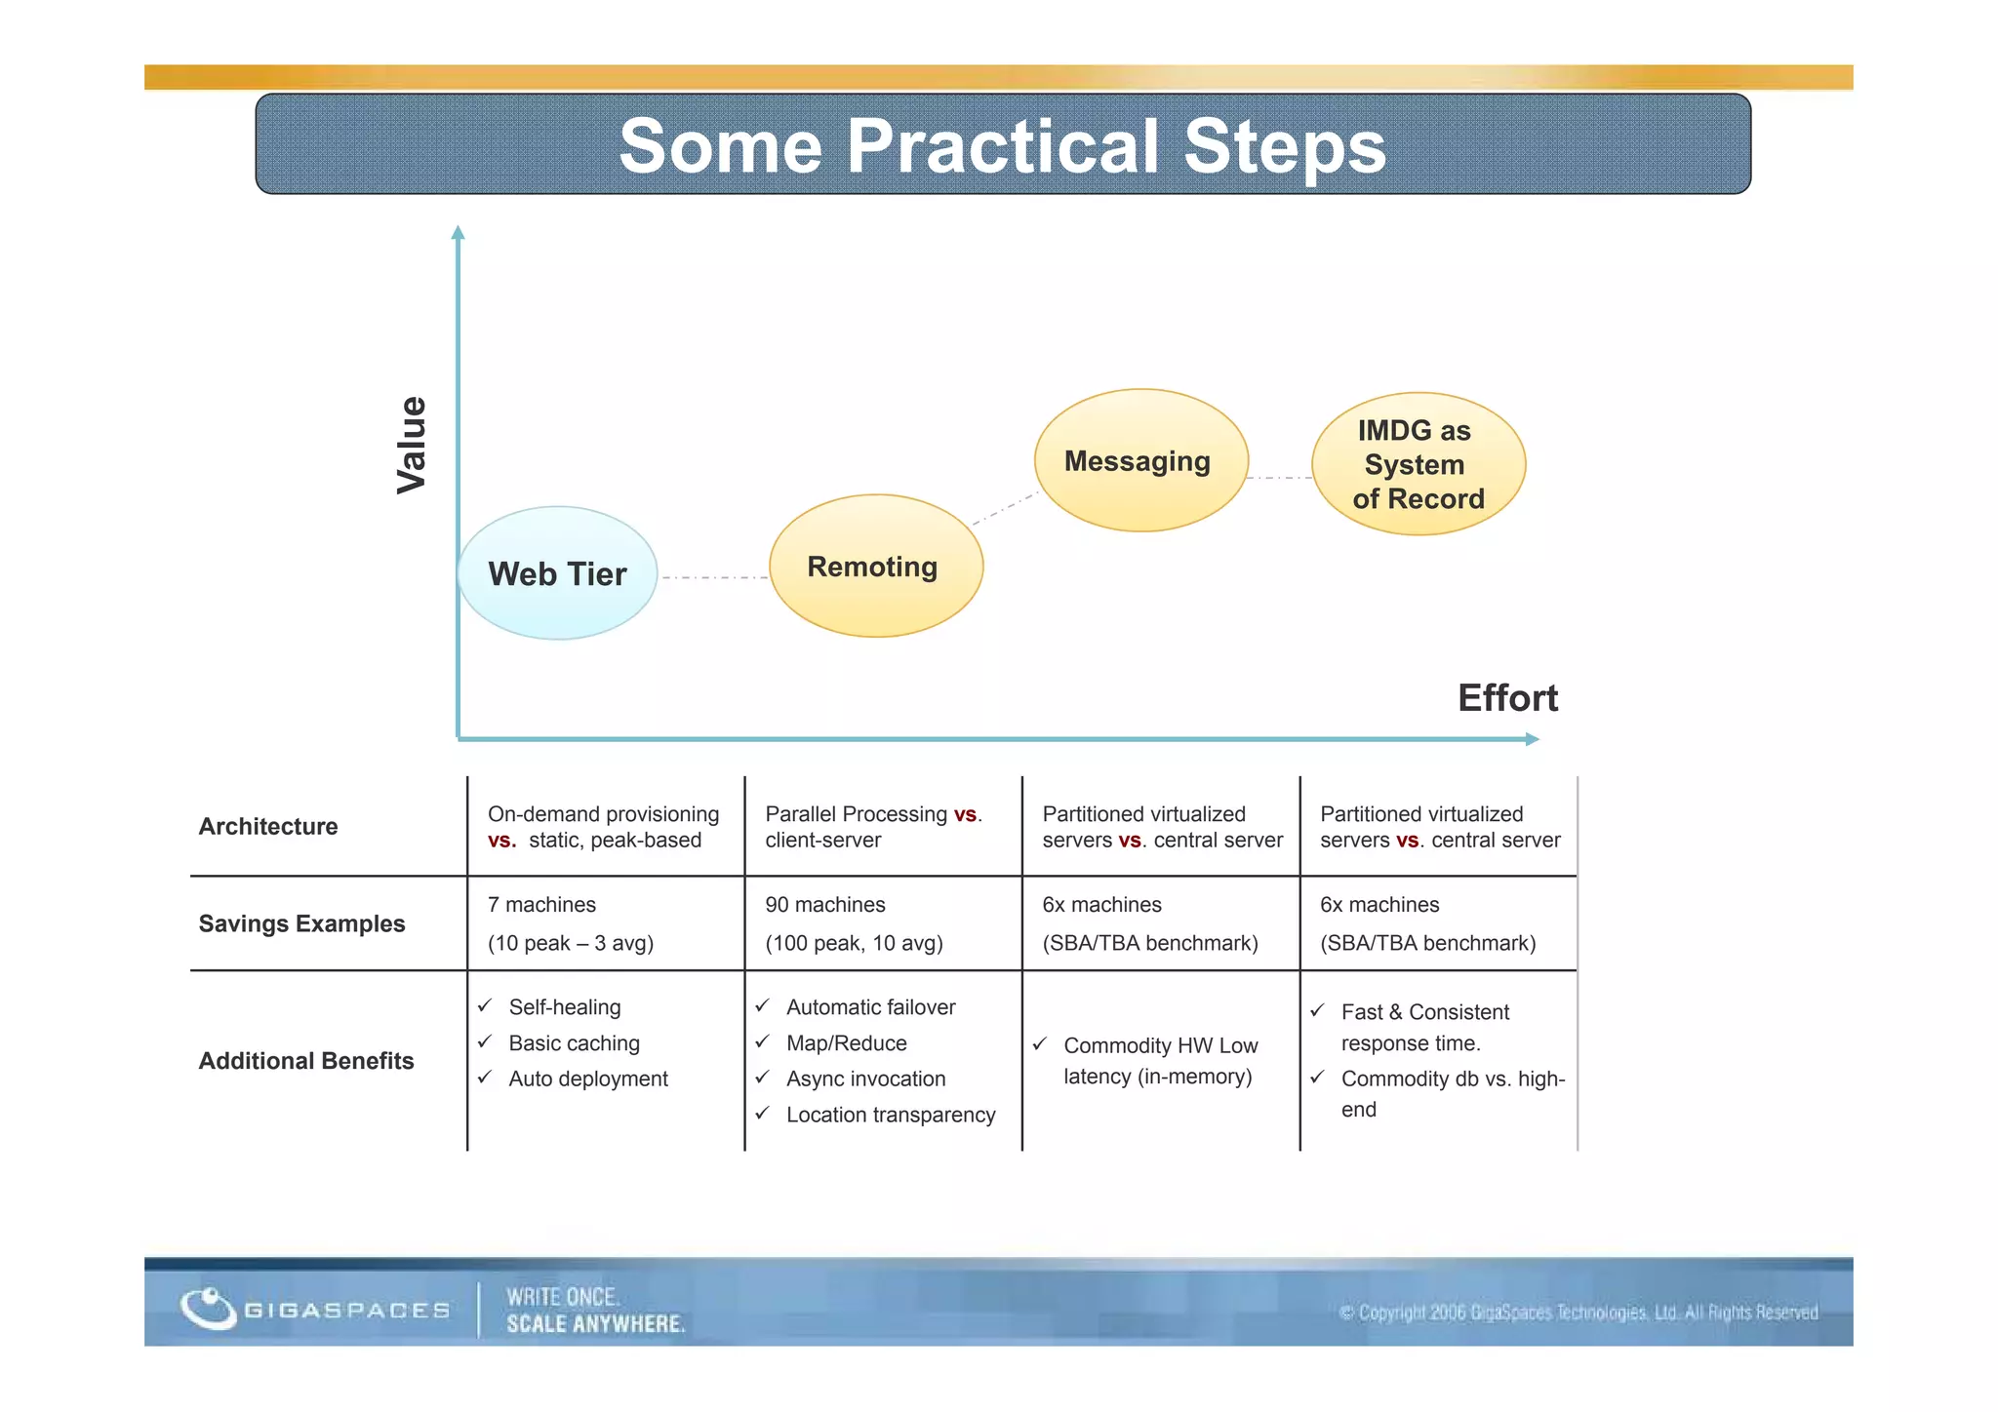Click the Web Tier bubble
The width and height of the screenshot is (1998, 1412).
(x=558, y=573)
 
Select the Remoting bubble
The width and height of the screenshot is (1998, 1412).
(x=875, y=567)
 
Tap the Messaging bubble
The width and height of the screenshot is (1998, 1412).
(x=1139, y=460)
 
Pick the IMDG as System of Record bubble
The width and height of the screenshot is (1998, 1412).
(x=1418, y=464)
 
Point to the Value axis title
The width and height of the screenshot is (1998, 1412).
(x=411, y=445)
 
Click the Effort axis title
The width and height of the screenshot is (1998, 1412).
(x=1506, y=698)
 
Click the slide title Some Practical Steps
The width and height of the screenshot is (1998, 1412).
(x=1002, y=145)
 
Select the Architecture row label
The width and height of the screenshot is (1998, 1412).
(x=268, y=826)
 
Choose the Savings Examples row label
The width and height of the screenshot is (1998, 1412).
(x=301, y=923)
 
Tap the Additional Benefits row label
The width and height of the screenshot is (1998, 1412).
(x=306, y=1061)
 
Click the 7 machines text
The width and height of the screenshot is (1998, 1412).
(x=541, y=905)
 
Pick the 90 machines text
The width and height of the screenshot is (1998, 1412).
(x=824, y=905)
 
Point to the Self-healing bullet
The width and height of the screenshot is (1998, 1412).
(x=564, y=1007)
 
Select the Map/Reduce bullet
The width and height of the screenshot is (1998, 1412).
(x=846, y=1043)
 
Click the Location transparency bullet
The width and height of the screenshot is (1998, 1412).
(x=890, y=1115)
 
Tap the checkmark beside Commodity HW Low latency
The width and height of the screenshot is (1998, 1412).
(x=1040, y=1044)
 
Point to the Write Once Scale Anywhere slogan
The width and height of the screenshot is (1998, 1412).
(x=595, y=1311)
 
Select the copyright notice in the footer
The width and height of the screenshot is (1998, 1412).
(x=1578, y=1313)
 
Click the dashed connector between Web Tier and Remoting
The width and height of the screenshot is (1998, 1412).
(x=714, y=578)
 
